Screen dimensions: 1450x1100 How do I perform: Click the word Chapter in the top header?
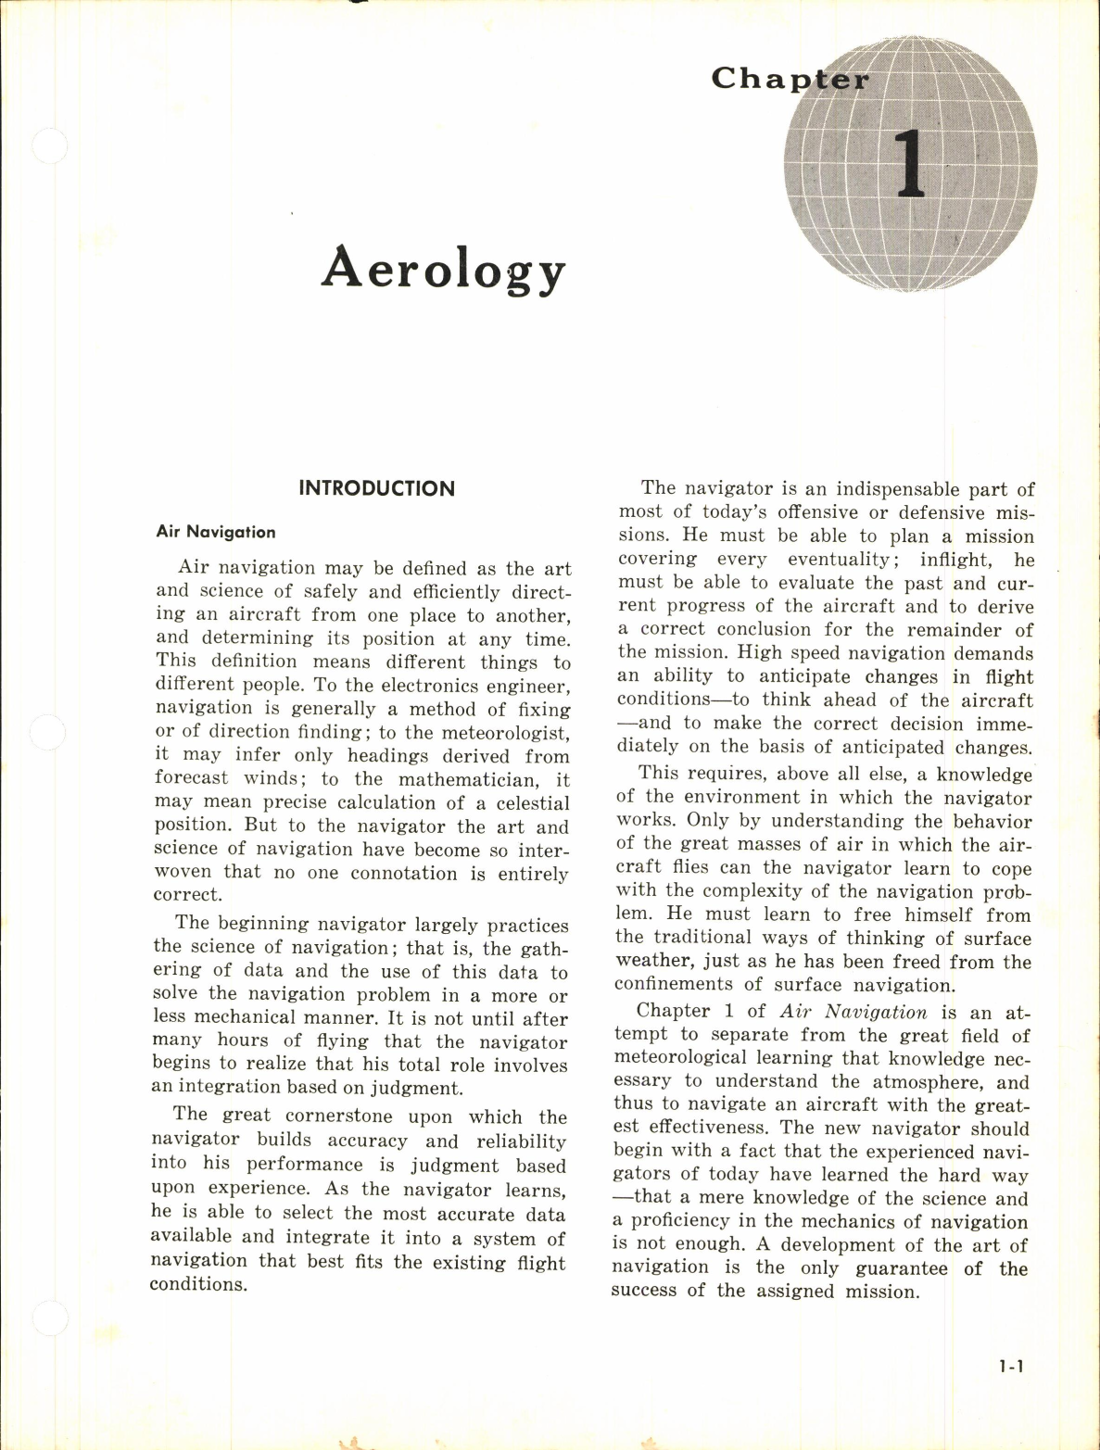[790, 79]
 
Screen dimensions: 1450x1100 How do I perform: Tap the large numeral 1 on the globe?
[910, 164]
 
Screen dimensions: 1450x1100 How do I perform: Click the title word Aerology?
[443, 270]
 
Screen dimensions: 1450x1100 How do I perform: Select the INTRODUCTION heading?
[376, 489]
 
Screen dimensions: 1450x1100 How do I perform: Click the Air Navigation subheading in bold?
[216, 532]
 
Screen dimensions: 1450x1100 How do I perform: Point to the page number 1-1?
[1011, 1367]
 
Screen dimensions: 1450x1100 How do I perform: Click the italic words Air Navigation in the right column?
[853, 1013]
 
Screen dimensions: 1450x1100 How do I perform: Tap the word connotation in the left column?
[403, 874]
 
